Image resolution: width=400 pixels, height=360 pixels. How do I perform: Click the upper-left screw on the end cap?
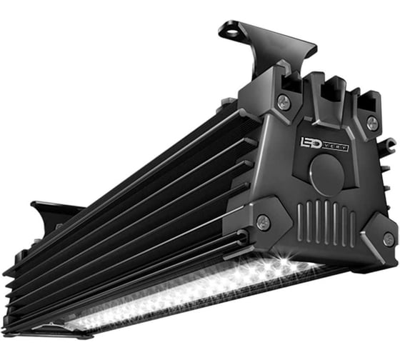tap(284, 101)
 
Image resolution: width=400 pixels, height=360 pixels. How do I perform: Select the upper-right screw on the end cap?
tap(371, 123)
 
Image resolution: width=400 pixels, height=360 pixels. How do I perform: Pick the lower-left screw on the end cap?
tap(263, 221)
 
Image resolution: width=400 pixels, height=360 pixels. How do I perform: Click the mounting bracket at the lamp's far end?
tap(54, 214)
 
